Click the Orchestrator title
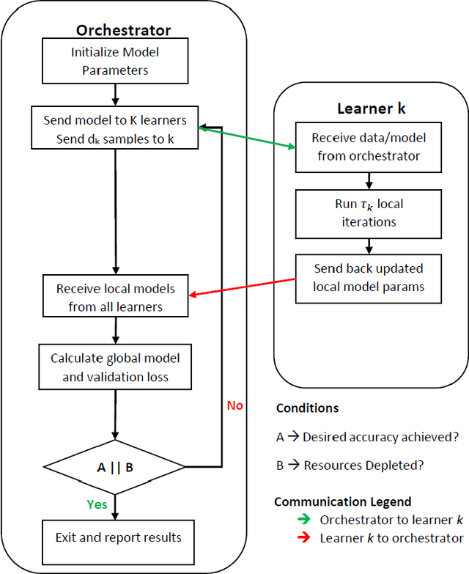123,30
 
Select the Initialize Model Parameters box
115,62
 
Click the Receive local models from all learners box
115,297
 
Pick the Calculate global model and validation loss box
115,367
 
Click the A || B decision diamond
115,466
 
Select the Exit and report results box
118,537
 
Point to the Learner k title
370,108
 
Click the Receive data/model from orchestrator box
369,147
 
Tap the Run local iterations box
369,212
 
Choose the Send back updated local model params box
369,276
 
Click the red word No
234,405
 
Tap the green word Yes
97,504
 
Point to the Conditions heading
307,408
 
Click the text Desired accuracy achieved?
380,437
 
